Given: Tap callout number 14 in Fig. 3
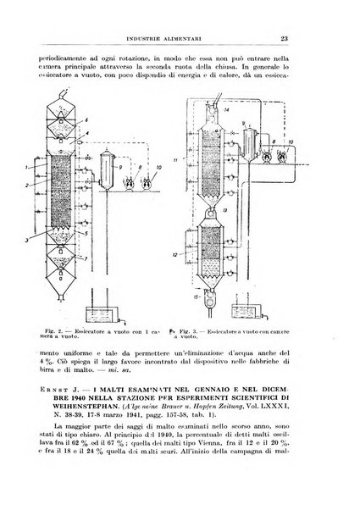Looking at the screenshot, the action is tap(226, 111).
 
